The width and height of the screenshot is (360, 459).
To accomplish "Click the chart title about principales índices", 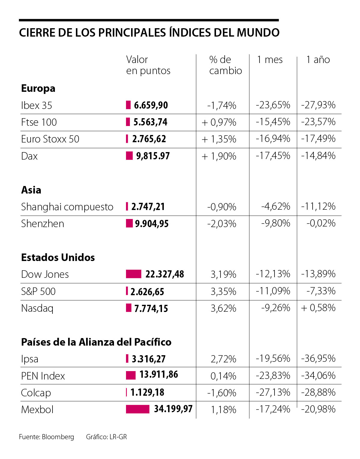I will [149, 33].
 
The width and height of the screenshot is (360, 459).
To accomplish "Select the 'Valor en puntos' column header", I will [148, 65].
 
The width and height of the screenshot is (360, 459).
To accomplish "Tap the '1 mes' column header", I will [270, 60].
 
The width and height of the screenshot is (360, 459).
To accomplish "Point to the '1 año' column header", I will [318, 60].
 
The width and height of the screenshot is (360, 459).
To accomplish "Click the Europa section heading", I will [38, 88].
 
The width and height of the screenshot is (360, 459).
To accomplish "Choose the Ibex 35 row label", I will [37, 106].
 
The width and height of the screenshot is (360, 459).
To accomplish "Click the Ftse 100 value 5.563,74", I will [150, 122].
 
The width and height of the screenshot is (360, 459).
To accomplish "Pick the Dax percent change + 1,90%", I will [219, 156].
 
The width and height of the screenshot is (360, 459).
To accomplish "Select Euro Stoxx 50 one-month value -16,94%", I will [273, 139].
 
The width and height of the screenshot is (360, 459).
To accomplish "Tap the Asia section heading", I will [31, 190].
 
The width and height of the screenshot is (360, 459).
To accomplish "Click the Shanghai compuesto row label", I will [67, 207].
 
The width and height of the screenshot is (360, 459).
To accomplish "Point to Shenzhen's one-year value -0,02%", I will [321, 223].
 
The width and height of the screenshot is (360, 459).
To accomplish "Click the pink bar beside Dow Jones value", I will [133, 274].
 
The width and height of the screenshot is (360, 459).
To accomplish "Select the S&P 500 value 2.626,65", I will [147, 292].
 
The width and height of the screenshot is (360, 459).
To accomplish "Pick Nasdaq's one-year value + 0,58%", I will [318, 308].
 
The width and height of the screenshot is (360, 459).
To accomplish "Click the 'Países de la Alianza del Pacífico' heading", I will [96, 342].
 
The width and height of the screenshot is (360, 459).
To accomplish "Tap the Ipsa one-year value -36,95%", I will [318, 359].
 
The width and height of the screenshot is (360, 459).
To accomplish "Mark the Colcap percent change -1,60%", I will [222, 393].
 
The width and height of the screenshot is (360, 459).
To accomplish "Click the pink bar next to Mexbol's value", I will [137, 409].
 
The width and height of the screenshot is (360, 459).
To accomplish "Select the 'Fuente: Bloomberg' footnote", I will [46, 437].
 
